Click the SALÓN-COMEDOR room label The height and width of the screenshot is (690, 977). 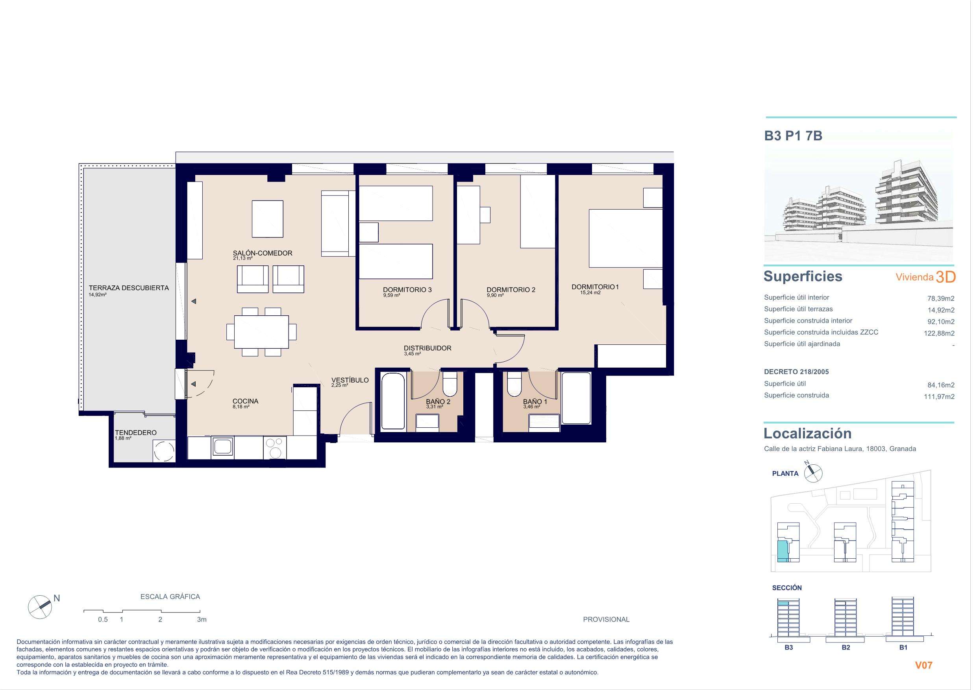click(x=263, y=253)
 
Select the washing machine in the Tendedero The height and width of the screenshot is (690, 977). click(x=163, y=451)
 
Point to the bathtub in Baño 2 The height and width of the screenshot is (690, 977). click(x=393, y=401)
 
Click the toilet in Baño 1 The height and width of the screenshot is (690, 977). click(x=514, y=383)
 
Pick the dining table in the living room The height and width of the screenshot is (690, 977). click(x=261, y=331)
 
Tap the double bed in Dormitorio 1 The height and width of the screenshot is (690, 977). click(x=625, y=238)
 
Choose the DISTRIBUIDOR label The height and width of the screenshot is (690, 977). click(x=427, y=348)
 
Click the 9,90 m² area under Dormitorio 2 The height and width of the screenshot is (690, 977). click(x=495, y=295)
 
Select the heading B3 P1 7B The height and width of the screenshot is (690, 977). click(x=793, y=136)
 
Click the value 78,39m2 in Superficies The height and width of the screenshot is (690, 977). click(x=941, y=298)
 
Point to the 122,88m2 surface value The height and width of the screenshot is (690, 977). click(x=939, y=333)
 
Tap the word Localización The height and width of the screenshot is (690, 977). click(x=808, y=433)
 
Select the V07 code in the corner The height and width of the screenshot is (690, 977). click(x=924, y=665)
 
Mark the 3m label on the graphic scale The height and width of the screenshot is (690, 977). click(x=202, y=619)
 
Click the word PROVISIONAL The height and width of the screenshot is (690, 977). click(x=606, y=619)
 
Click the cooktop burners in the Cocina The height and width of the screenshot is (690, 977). click(x=275, y=448)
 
